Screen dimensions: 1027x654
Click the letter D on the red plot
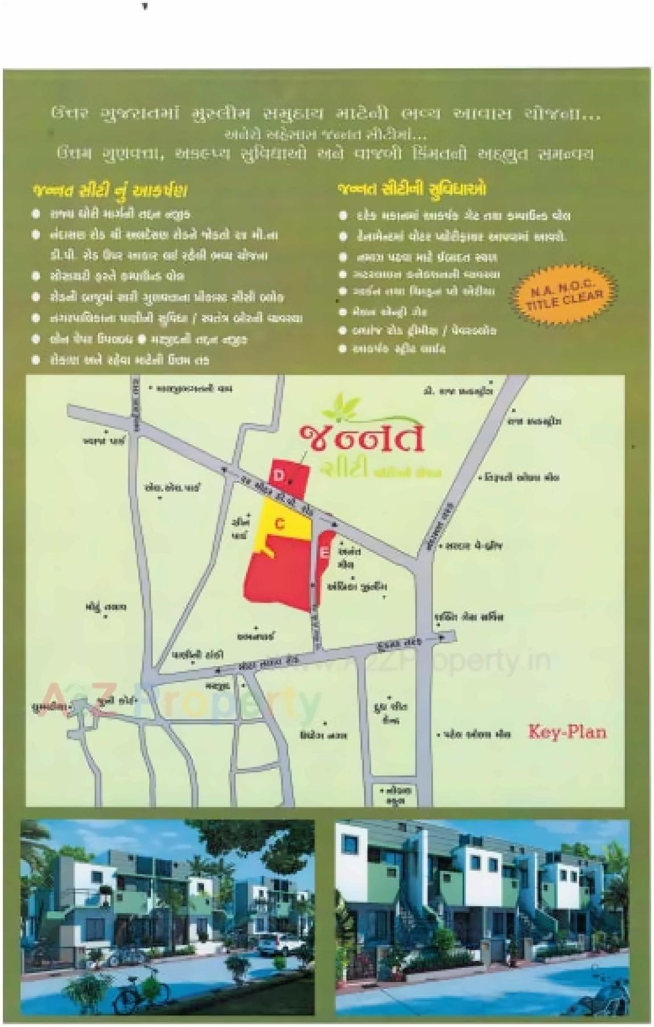[x=279, y=475]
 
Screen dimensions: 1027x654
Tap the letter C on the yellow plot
[x=279, y=523]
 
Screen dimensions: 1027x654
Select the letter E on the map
[x=324, y=552]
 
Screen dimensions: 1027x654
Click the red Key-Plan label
[x=567, y=731]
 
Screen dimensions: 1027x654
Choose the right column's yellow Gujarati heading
[x=412, y=189]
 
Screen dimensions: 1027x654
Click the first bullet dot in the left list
[x=36, y=214]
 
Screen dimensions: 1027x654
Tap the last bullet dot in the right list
[x=342, y=348]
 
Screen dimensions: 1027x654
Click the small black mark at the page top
[x=145, y=7]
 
